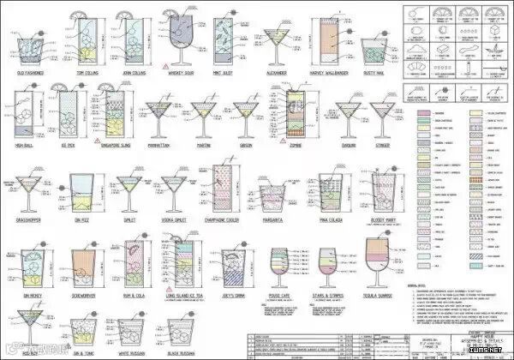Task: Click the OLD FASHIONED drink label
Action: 29,73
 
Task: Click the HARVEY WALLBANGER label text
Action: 331,73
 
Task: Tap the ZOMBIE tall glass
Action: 295,111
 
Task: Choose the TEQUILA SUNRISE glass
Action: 380,261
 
